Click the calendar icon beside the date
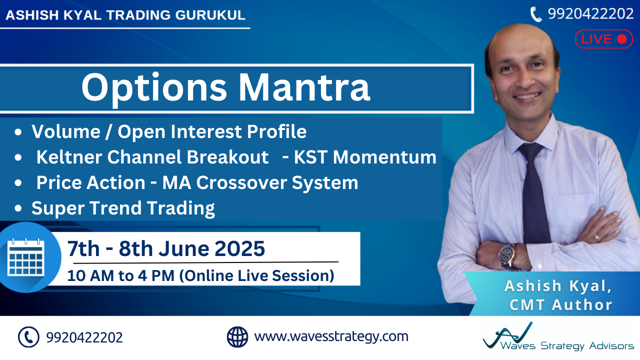(25, 257)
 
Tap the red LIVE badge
(603, 39)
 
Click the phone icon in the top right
(536, 14)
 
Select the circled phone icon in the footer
(28, 337)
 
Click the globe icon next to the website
(237, 337)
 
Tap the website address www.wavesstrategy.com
(331, 336)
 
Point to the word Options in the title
(154, 88)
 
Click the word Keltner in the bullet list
(69, 157)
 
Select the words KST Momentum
(365, 157)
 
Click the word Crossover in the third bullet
(241, 182)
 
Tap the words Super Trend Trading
(123, 208)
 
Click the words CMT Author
(561, 304)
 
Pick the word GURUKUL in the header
(210, 15)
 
